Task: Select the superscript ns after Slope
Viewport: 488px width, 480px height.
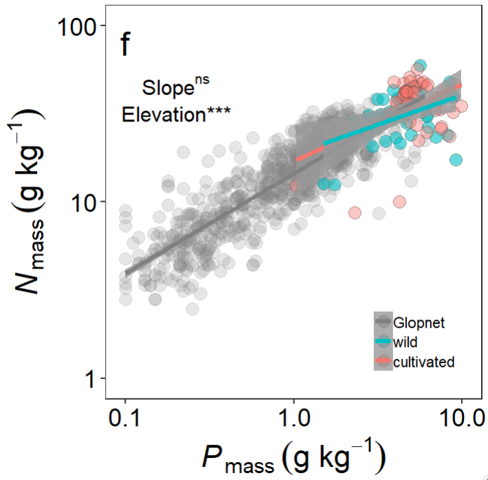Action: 199,80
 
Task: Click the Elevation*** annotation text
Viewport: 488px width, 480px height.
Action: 176,114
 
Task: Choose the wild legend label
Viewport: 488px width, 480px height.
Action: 406,341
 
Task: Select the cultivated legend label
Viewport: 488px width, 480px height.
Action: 423,361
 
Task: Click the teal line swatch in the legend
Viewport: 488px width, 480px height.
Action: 383,341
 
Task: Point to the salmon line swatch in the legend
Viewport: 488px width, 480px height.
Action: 383,361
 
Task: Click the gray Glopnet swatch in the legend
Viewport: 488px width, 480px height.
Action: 383,321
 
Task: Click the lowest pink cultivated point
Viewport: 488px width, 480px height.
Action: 355,212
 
